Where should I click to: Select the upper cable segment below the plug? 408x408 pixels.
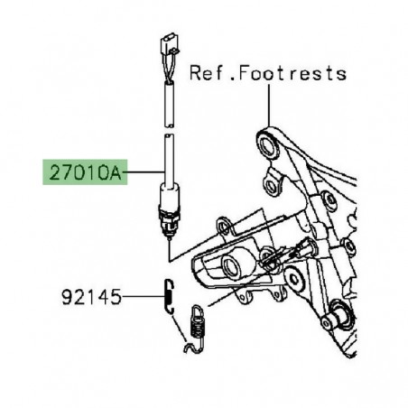pos(167,97)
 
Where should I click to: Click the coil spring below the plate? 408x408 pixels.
pos(198,322)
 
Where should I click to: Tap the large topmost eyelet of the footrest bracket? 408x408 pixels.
pos(265,143)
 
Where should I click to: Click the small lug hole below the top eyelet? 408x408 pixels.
pos(269,188)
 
